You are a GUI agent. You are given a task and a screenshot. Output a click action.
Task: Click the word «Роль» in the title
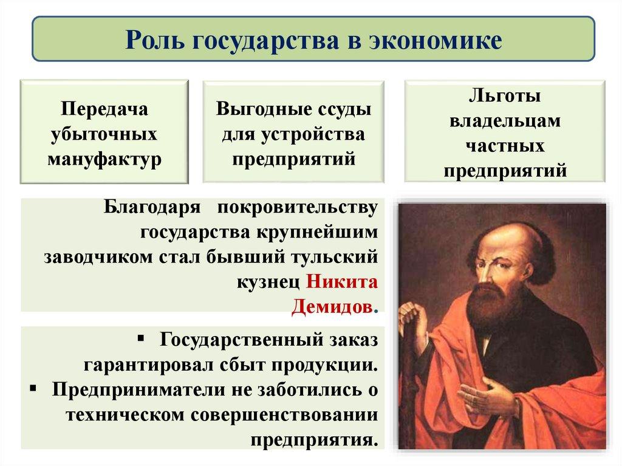click(157, 40)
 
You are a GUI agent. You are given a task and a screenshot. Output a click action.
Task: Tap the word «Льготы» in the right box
click(505, 97)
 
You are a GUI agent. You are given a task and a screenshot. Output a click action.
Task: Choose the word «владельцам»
click(505, 121)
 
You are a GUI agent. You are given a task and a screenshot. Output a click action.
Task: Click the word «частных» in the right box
click(505, 146)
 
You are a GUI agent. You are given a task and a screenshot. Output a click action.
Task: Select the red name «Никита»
click(342, 283)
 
